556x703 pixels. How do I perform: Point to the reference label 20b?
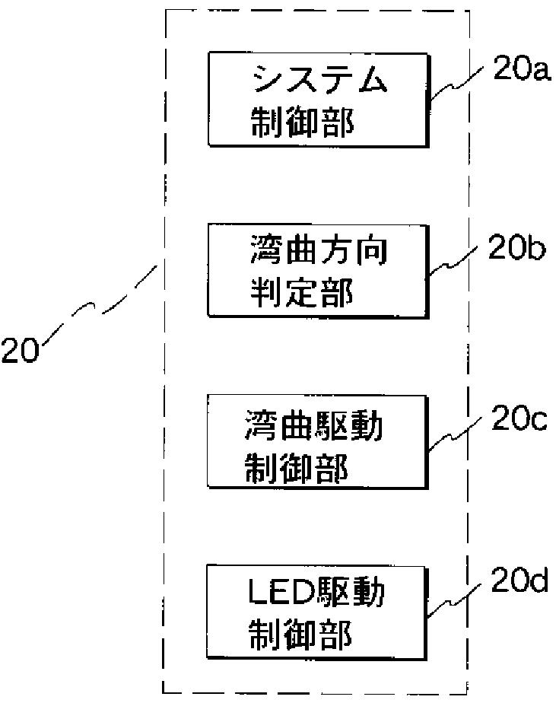coord(516,247)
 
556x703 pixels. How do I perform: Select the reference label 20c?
coord(519,418)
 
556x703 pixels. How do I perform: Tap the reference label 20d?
coord(519,581)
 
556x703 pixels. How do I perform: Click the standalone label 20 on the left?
coord(21,350)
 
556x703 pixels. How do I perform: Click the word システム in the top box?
coord(319,79)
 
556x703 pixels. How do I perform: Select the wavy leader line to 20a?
coord(456,84)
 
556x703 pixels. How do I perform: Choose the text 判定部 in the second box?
coord(302,292)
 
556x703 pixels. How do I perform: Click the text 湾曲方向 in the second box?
coord(319,250)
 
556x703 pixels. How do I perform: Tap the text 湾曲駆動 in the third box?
coord(314,425)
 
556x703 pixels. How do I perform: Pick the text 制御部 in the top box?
coord(302,122)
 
